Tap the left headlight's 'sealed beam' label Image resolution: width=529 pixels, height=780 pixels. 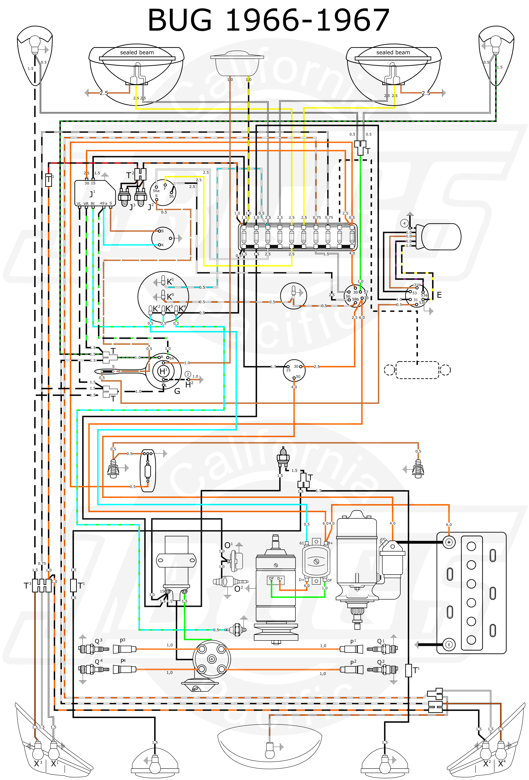(x=137, y=52)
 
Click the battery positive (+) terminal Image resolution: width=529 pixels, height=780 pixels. (x=448, y=542)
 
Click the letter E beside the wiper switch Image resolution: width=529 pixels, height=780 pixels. (x=439, y=295)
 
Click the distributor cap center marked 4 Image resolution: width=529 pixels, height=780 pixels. (x=211, y=659)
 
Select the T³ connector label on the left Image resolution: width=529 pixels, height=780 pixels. (x=28, y=586)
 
